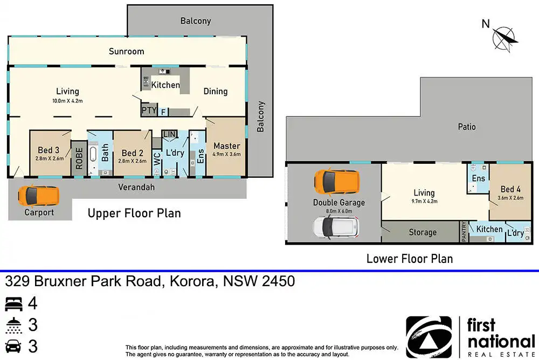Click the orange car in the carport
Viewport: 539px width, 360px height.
coord(38,196)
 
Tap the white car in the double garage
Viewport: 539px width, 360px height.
coord(336,227)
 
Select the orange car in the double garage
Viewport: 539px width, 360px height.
coord(337,182)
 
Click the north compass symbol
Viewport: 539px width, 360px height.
coord(505,39)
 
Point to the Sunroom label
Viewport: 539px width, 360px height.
coord(127,51)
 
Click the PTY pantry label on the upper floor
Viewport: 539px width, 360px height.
coord(149,110)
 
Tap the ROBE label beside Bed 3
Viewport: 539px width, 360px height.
coord(79,158)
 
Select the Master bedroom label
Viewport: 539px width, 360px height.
coord(226,146)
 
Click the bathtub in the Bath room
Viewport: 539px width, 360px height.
coord(93,159)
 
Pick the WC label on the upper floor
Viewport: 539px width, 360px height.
coord(157,159)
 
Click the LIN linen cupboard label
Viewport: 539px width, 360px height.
coord(169,134)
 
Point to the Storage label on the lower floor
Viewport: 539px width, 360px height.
coord(423,232)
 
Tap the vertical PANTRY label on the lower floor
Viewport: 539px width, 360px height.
coord(464,231)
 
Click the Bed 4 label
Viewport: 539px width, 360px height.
coord(510,189)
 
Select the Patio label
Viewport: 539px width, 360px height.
coord(467,127)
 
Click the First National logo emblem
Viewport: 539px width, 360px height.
coord(429,337)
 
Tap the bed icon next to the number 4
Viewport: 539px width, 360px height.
coord(14,304)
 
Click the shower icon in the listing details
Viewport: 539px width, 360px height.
coord(14,326)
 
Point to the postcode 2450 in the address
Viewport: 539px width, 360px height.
coord(279,281)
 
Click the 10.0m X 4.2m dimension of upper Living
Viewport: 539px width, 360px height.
coord(67,101)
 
